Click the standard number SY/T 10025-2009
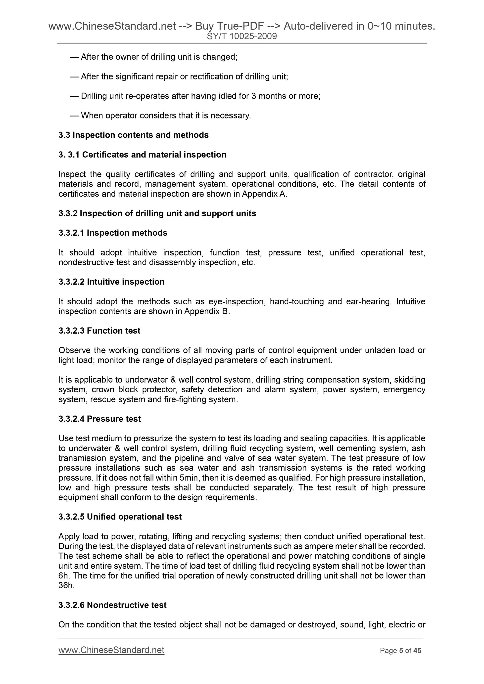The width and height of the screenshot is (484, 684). click(x=242, y=36)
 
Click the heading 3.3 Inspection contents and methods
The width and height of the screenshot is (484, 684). click(x=133, y=135)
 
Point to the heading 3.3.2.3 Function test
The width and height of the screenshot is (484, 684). click(x=99, y=331)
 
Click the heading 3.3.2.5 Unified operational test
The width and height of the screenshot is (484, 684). click(x=120, y=517)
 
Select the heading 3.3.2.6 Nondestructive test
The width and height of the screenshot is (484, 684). click(x=112, y=605)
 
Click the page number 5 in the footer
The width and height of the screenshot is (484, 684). click(x=401, y=651)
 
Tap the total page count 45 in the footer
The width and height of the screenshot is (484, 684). click(x=417, y=651)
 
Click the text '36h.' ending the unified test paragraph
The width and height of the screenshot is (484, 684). click(x=66, y=585)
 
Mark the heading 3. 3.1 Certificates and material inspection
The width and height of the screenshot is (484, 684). click(x=142, y=155)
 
